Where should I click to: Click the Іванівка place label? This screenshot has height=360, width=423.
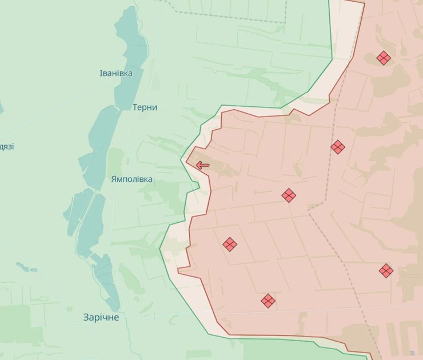coord(116,73)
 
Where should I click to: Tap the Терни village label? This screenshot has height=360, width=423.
coord(145,107)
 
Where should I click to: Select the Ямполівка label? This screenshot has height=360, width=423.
coord(132,179)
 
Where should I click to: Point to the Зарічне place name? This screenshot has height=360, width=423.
coord(101,317)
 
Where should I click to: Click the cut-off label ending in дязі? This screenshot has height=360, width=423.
coord(7,147)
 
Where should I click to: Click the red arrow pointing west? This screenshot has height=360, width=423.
coord(202,166)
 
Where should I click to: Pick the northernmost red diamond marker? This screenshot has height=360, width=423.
coord(384,58)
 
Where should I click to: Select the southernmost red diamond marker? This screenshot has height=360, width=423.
coord(268,301)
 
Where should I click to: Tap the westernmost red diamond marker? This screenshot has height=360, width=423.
coord(230,245)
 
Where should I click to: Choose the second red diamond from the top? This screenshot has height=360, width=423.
coord(338,147)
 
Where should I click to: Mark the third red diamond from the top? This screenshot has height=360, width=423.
coord(289,195)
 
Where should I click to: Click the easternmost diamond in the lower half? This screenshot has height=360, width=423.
coord(386,271)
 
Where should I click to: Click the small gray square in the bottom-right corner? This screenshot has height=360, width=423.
coord(412,354)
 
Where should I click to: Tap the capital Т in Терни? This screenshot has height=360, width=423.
coord(135,107)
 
